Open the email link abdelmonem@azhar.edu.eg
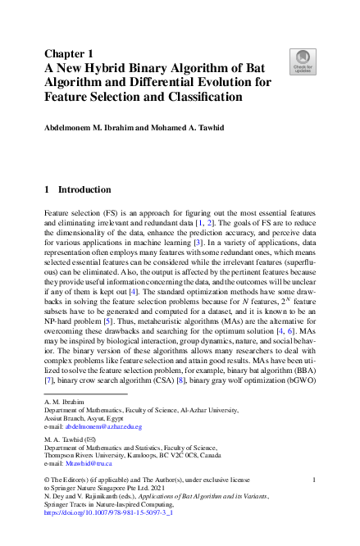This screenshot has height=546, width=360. [x=103, y=427]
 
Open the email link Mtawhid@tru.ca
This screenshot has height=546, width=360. [x=86, y=463]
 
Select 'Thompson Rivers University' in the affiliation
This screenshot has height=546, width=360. [x=85, y=456]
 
